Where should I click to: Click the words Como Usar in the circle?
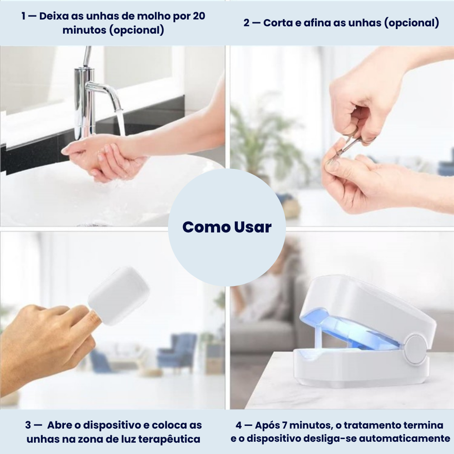227,227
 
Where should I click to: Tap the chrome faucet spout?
104,91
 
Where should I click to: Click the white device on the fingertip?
118,296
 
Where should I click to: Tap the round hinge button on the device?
415,349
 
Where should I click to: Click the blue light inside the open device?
345,331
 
